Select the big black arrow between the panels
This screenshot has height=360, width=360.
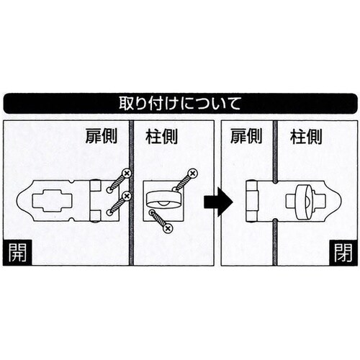point(217,202)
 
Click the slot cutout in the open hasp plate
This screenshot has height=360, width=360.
point(48,202)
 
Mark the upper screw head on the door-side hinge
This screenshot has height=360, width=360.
point(126,174)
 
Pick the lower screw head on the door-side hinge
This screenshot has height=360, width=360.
point(126,195)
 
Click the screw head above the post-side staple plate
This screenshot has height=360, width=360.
point(194,173)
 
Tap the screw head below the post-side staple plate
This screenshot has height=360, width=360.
point(167,228)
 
